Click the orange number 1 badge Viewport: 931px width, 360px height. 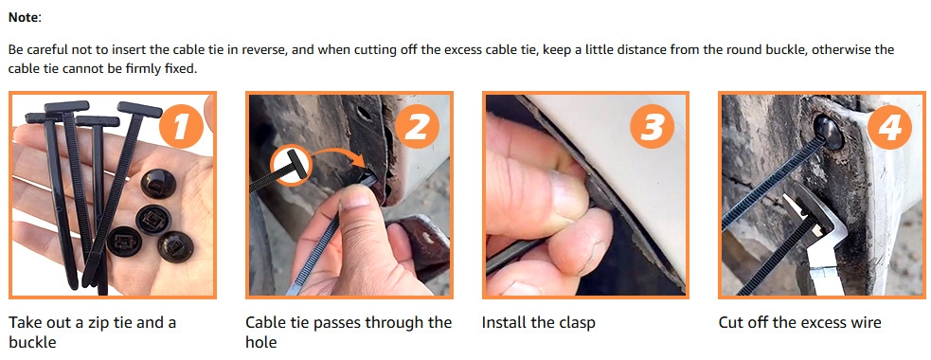pos(181,127)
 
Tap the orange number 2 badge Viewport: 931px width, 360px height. pos(417,128)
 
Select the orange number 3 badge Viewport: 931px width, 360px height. pos(653,128)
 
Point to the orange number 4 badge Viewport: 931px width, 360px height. pos(889,128)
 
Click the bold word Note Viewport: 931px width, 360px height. pos(23,18)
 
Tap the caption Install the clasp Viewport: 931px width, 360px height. pos(538,322)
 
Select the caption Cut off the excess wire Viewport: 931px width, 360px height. pos(799,322)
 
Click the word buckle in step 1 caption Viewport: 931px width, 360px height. pos(32,342)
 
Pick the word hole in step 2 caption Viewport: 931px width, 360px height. pos(260,342)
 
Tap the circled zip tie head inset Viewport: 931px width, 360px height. pos(291,165)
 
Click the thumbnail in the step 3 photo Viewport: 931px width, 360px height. pos(566,197)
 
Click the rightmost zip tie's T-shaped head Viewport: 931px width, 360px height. pos(139,109)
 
